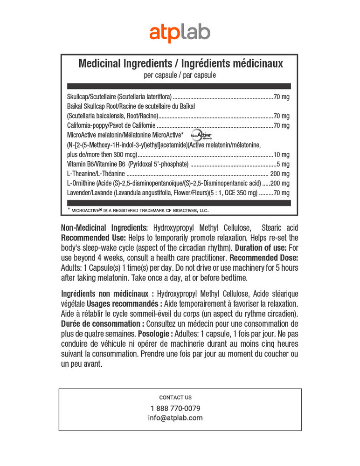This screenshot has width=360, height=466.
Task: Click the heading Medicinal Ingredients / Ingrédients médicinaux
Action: click(x=180, y=63)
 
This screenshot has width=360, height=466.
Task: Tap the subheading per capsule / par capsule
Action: click(x=180, y=75)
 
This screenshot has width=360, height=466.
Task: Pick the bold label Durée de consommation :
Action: click(x=103, y=324)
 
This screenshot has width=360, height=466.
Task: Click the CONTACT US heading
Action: click(x=175, y=397)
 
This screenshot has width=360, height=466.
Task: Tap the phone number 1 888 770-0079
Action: click(x=175, y=408)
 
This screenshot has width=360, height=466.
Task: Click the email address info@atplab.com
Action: click(x=175, y=418)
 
